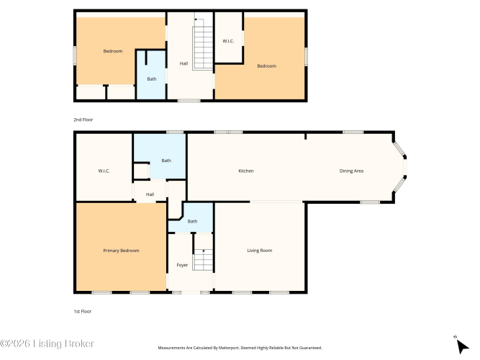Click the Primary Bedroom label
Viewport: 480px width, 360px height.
[121, 251]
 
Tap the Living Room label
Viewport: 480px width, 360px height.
[260, 251]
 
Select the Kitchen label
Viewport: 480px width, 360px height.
[246, 171]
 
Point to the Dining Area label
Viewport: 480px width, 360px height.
[351, 171]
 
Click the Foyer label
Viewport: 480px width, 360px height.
[182, 265]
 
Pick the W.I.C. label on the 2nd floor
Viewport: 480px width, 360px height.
[228, 41]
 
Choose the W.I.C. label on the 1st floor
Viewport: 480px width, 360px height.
[104, 171]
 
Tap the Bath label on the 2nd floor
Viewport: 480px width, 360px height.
[152, 79]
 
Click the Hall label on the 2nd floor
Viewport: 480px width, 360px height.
[184, 63]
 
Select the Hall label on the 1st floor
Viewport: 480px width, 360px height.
[150, 194]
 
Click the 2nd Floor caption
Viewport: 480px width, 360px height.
[83, 120]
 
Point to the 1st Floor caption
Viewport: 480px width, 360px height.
[82, 311]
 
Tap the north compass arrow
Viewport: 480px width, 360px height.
[463, 346]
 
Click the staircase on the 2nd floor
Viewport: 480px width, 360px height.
[202, 48]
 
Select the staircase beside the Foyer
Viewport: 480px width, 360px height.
[203, 260]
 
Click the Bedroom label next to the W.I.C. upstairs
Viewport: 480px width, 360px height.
[267, 66]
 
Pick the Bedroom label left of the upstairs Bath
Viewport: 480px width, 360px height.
[113, 51]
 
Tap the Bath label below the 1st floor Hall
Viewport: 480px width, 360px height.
[192, 221]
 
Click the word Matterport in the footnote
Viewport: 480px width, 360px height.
[229, 348]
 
